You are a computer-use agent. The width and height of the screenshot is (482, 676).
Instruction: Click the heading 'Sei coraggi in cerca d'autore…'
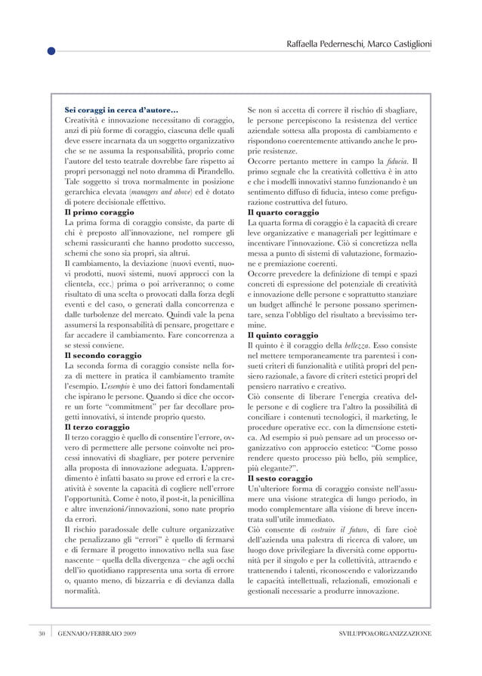point(122,112)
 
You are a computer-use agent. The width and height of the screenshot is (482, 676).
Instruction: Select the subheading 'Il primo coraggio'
point(101,213)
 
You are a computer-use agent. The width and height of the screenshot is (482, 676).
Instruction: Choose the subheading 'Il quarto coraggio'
point(285,213)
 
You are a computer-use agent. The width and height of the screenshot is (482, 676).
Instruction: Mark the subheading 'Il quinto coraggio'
point(284,335)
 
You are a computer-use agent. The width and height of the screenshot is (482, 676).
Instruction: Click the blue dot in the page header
point(51,51)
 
